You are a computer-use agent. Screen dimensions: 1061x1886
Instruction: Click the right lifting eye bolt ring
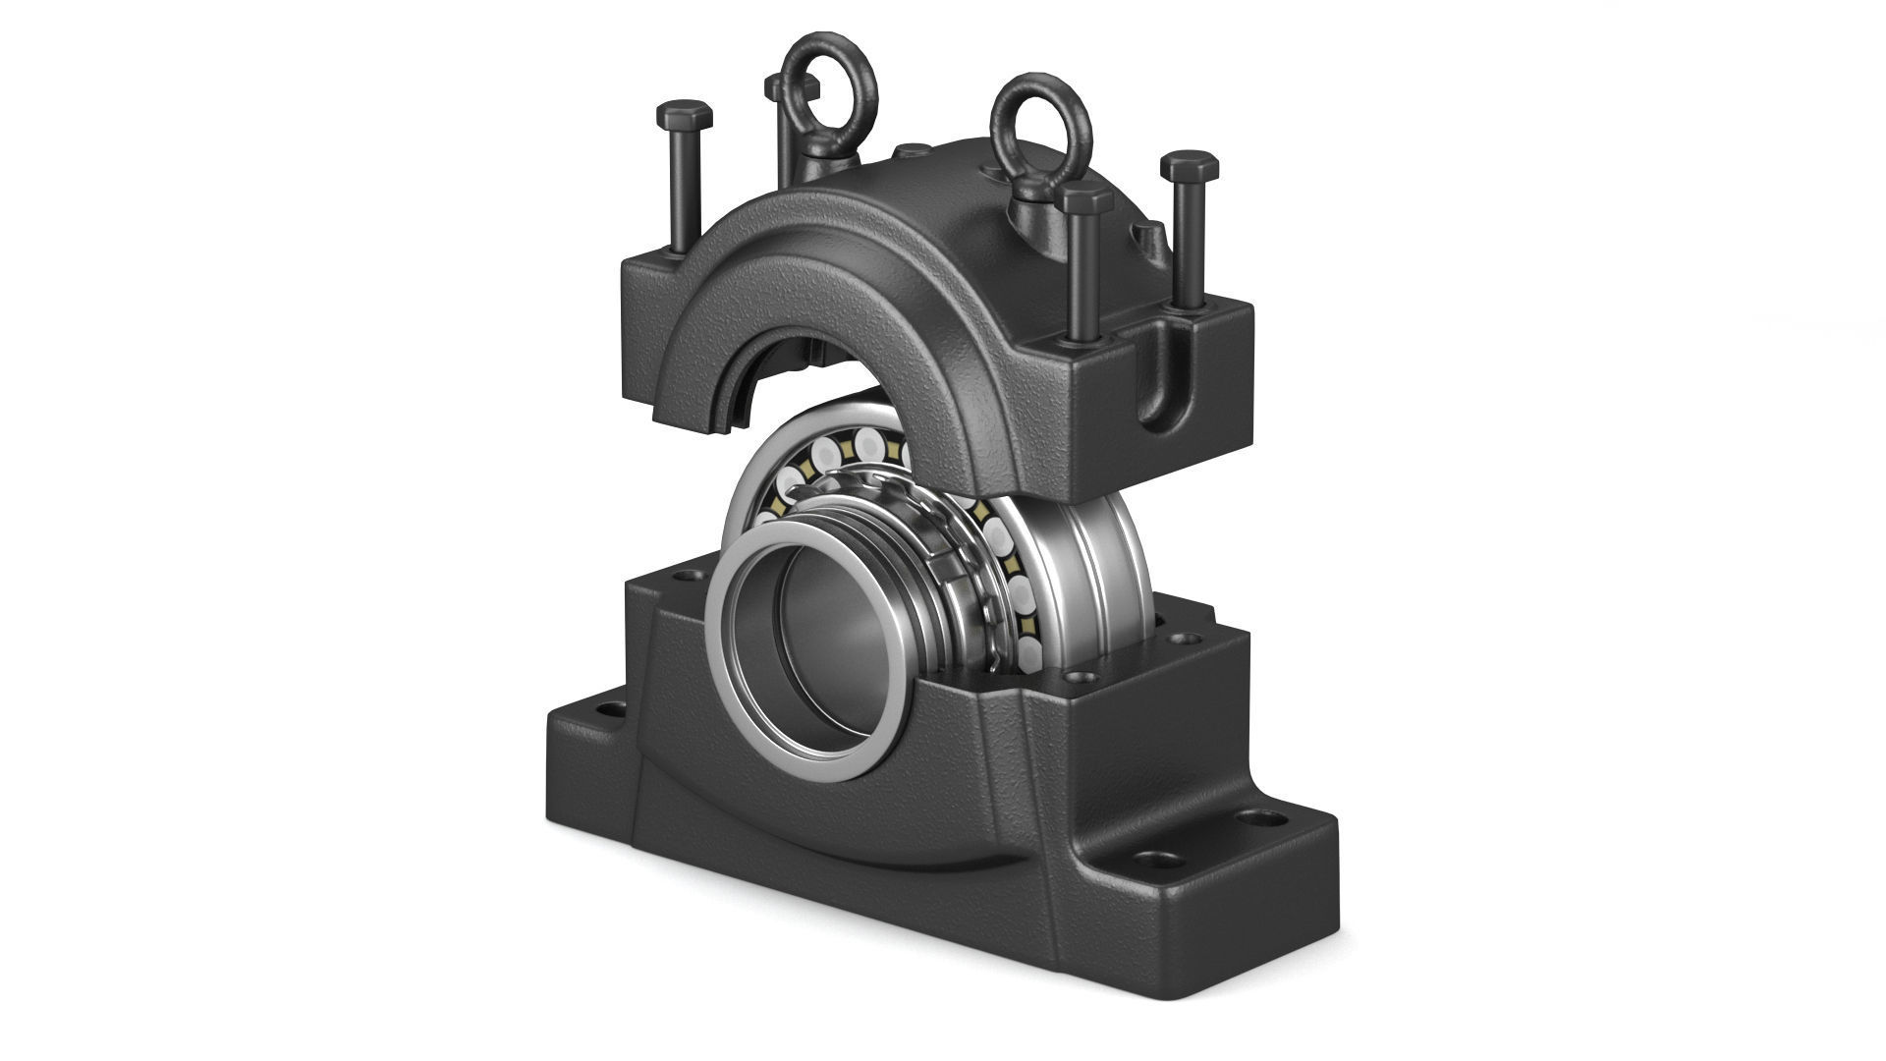(x=1040, y=115)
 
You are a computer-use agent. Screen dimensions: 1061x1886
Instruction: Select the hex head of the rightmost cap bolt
(x=1190, y=165)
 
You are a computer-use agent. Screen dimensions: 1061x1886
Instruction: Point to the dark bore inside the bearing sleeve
(x=825, y=668)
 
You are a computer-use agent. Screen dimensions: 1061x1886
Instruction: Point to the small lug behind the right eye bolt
(x=1146, y=236)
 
